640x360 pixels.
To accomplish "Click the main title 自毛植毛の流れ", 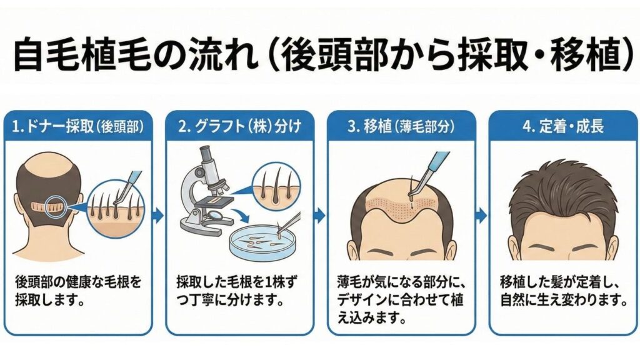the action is coord(136,55).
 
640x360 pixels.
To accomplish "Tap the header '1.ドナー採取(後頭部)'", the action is coord(78,126).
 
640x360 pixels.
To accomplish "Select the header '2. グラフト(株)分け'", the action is coord(239,126).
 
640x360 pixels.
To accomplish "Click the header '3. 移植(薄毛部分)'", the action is coord(401,126).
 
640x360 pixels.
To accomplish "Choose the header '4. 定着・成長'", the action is coord(563,126).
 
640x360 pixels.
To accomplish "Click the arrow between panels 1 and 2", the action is coord(158,216).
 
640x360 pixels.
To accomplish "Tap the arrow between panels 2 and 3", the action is coord(321,215).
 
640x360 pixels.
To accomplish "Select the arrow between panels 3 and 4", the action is coord(482,215).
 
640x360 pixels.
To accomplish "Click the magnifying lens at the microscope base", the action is coord(216,215).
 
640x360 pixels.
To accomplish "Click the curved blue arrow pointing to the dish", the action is coord(239,216).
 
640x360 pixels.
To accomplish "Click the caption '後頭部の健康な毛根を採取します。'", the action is coord(78,291).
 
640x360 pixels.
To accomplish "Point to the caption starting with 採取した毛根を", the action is coord(237,291).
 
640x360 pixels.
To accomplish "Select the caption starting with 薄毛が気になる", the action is coord(401,299).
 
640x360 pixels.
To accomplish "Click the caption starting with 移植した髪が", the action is coord(564,291).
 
